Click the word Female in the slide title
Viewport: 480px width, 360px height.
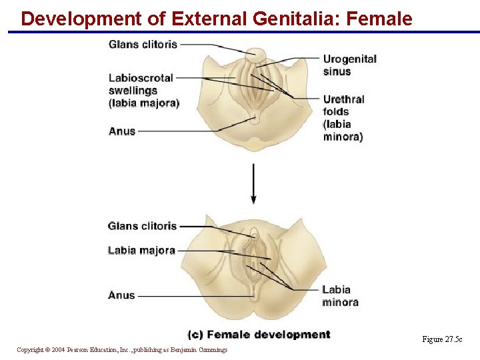(x=379, y=19)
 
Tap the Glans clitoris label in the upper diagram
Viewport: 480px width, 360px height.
(x=143, y=44)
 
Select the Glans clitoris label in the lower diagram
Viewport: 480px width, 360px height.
(x=142, y=226)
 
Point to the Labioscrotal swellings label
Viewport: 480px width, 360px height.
(x=141, y=84)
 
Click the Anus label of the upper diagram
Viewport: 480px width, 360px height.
(x=122, y=131)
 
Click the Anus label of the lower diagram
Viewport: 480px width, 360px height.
(x=121, y=295)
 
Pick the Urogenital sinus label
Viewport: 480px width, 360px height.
(x=349, y=65)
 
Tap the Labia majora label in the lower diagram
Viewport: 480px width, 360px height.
(x=141, y=251)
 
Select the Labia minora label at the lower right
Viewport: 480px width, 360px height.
(x=340, y=295)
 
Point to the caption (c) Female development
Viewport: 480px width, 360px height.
(x=259, y=335)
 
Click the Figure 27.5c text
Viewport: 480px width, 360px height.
(x=442, y=339)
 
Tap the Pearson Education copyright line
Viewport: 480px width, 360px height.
(x=122, y=349)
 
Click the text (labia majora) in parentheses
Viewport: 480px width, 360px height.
(x=144, y=103)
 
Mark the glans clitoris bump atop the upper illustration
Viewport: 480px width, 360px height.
(x=254, y=54)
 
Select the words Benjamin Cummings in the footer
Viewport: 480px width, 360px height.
(x=203, y=349)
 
